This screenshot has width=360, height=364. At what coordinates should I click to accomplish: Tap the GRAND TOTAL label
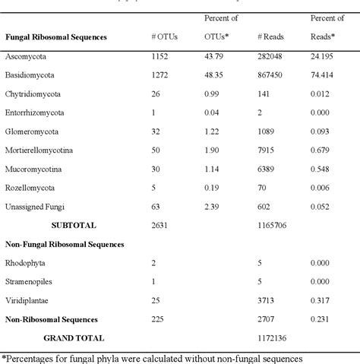pos(74,337)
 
